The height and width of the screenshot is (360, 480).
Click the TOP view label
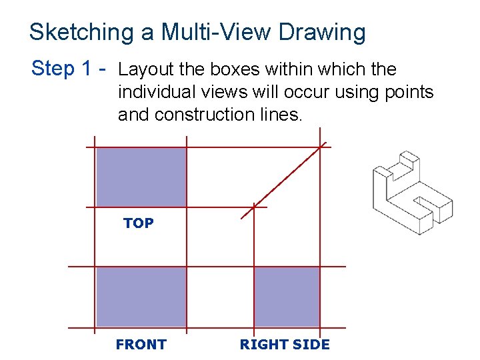click(139, 223)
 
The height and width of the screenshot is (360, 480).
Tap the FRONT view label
click(141, 345)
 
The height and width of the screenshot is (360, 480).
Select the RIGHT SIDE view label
click(285, 345)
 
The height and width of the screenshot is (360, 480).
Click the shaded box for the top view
click(141, 177)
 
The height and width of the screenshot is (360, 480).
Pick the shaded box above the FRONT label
click(141, 297)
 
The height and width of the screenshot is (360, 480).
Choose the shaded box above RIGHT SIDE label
click(287, 297)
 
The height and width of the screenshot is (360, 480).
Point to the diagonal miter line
click(284, 181)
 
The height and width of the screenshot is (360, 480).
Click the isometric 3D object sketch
click(413, 193)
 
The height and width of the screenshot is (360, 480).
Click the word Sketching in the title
click(82, 33)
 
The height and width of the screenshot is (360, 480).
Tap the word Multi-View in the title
click(216, 32)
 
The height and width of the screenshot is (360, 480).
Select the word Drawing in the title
click(322, 33)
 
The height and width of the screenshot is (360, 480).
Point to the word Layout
click(146, 70)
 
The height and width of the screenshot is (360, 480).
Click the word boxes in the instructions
click(235, 69)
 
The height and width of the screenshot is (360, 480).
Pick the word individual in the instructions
click(157, 92)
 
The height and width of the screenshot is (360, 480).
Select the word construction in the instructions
click(204, 115)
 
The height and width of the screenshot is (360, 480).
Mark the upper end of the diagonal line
click(327, 143)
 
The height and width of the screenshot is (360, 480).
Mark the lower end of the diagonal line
click(241, 219)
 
